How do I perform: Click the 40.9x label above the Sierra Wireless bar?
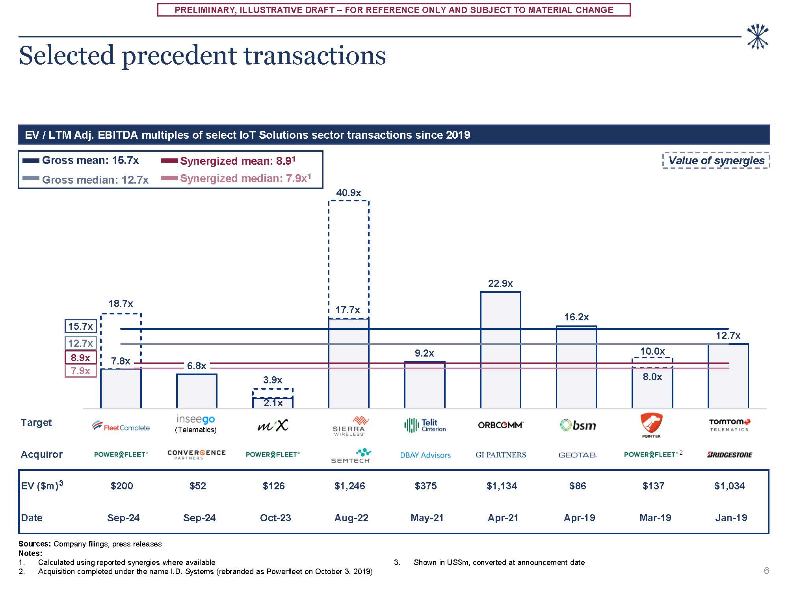348,193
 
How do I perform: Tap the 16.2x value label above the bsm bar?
576,317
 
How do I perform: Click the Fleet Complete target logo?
121,426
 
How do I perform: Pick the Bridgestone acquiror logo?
730,455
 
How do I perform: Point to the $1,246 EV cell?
350,486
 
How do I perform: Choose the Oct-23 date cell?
275,518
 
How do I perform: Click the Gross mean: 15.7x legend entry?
81,160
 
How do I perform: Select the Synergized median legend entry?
236,178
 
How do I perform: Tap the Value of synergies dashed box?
716,161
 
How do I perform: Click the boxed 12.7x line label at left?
80,343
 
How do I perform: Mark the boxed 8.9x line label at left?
80,358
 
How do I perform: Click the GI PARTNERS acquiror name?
501,455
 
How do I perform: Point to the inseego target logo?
196,419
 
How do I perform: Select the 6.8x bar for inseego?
197,391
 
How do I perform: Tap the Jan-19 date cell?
731,518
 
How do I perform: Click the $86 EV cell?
578,486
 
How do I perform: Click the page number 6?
766,571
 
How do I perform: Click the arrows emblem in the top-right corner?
757,37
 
